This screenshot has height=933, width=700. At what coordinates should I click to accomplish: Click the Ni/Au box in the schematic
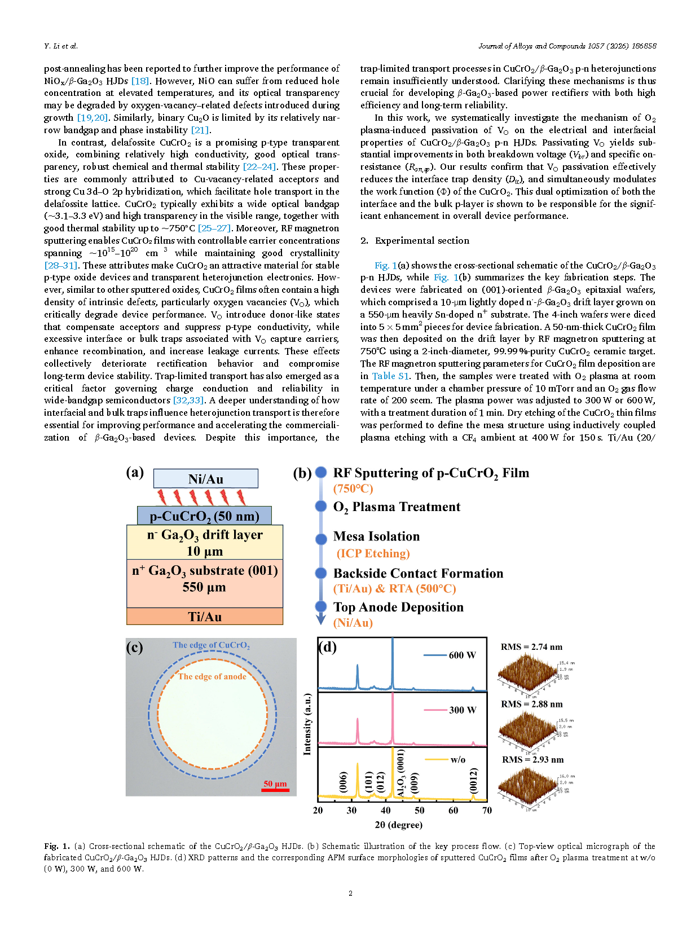[x=205, y=479]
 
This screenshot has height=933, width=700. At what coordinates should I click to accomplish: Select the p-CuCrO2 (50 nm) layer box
[x=204, y=516]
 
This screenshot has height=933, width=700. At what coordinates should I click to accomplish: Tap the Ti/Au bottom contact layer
[x=204, y=617]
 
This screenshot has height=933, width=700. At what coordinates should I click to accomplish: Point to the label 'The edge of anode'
[x=212, y=676]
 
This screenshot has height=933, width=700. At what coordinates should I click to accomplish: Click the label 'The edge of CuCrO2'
[x=211, y=645]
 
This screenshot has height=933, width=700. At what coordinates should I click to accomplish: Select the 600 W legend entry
[x=450, y=655]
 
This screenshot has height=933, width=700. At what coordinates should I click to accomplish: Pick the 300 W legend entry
[x=450, y=710]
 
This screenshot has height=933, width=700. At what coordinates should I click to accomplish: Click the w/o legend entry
[x=445, y=759]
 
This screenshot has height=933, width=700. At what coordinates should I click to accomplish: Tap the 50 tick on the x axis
[x=420, y=810]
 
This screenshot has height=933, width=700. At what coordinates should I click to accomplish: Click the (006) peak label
[x=343, y=782]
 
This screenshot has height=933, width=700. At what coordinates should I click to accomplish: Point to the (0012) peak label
[x=474, y=781]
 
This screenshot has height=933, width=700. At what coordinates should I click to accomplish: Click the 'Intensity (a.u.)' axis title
[x=307, y=724]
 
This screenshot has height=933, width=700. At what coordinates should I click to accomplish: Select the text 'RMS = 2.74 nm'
[x=531, y=647]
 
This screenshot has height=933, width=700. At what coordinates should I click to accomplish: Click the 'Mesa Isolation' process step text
[x=376, y=536]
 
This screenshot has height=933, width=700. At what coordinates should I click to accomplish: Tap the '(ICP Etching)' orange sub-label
[x=373, y=553]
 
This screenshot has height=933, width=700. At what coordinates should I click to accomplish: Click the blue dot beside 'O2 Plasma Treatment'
[x=321, y=506]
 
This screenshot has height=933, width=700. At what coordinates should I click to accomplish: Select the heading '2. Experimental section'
[x=415, y=241]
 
